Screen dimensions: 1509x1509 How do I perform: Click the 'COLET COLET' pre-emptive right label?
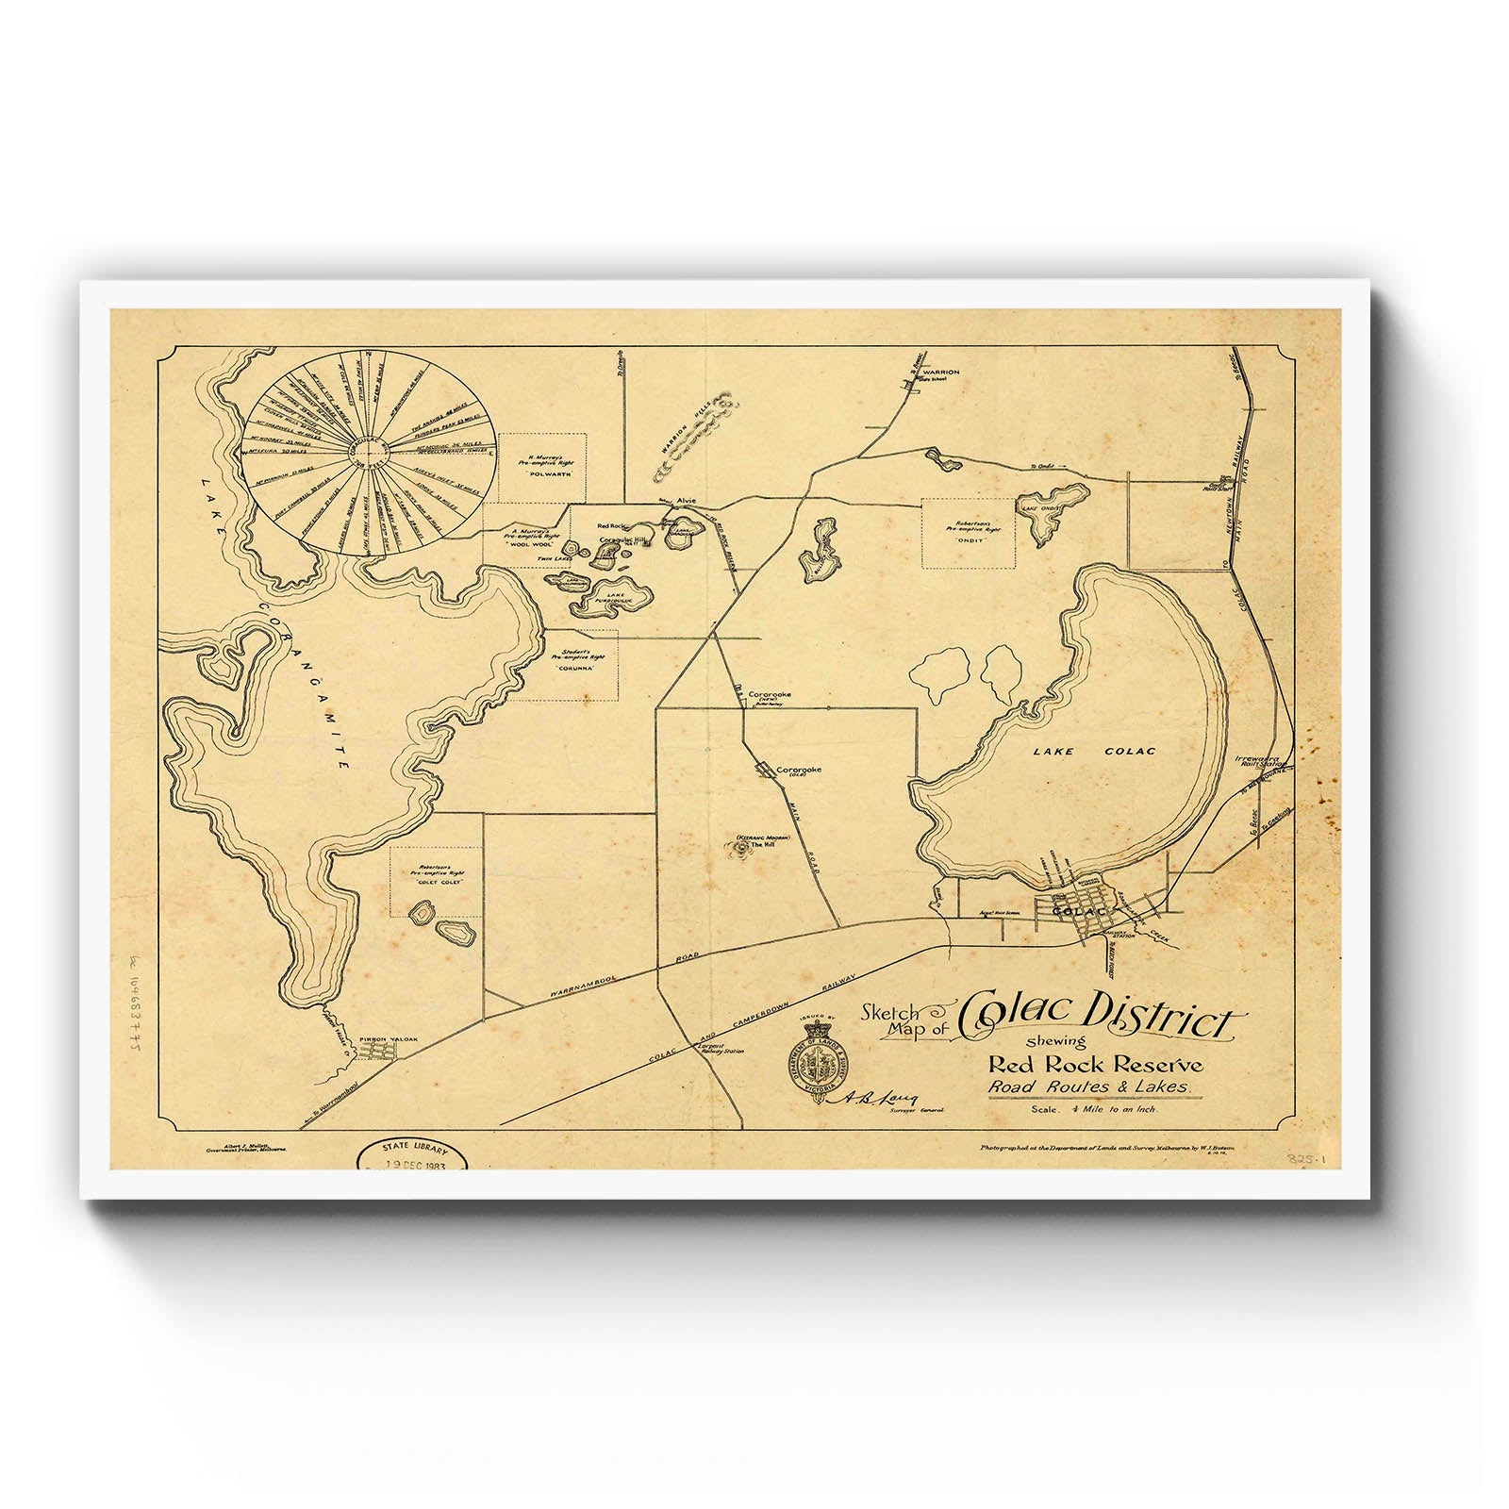click(434, 884)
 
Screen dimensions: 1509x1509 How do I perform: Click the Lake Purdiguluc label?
click(617, 591)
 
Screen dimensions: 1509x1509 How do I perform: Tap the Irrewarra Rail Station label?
click(1260, 761)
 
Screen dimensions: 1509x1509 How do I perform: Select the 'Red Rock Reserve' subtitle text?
click(1095, 1065)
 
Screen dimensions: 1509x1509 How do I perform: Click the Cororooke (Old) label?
click(797, 771)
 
